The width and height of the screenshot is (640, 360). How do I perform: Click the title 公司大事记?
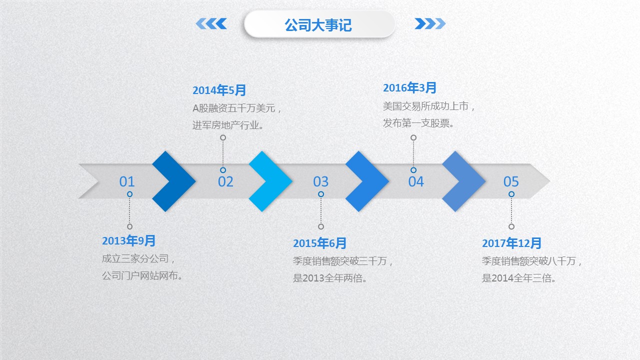[x=318, y=25]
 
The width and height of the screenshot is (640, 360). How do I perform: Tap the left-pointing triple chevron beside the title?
[x=211, y=23]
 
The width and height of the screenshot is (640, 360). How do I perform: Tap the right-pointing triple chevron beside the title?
[x=430, y=23]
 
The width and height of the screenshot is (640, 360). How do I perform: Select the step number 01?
[x=127, y=181]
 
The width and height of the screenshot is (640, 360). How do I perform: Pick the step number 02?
[x=225, y=181]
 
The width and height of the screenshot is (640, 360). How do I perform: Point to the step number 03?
[x=320, y=181]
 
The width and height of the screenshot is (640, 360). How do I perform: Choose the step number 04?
[x=415, y=181]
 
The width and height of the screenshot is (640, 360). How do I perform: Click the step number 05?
[x=511, y=181]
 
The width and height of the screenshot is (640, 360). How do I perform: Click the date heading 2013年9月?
[x=128, y=240]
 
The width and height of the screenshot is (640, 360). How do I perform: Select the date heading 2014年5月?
[x=219, y=90]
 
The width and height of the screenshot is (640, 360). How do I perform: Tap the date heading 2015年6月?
[x=319, y=243]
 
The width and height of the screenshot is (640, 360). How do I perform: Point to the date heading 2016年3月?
[x=409, y=87]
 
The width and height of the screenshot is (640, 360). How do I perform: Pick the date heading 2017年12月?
[x=511, y=243]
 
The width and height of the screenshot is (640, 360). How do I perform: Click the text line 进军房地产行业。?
[x=228, y=125]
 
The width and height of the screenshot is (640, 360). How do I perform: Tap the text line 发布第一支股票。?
[x=418, y=123]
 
